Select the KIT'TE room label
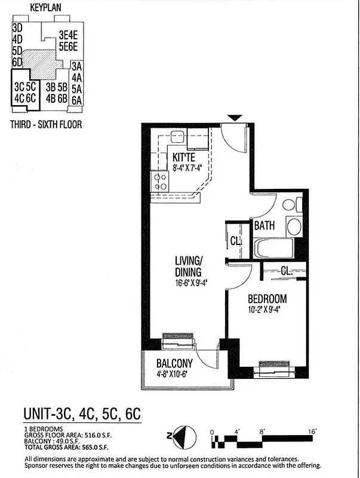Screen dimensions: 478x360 (x=183, y=157)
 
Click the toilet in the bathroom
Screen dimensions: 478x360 (x=290, y=205)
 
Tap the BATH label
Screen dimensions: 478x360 (x=264, y=226)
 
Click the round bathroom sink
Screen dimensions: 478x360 (x=295, y=226)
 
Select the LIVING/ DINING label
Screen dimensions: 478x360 (x=190, y=266)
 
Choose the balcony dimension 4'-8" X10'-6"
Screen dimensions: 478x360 (x=178, y=375)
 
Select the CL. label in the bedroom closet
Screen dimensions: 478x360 (x=287, y=271)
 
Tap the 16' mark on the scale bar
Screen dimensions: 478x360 (x=312, y=431)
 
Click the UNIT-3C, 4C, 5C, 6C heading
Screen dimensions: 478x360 (x=82, y=413)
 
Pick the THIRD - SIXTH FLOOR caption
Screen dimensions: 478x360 (x=47, y=125)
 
